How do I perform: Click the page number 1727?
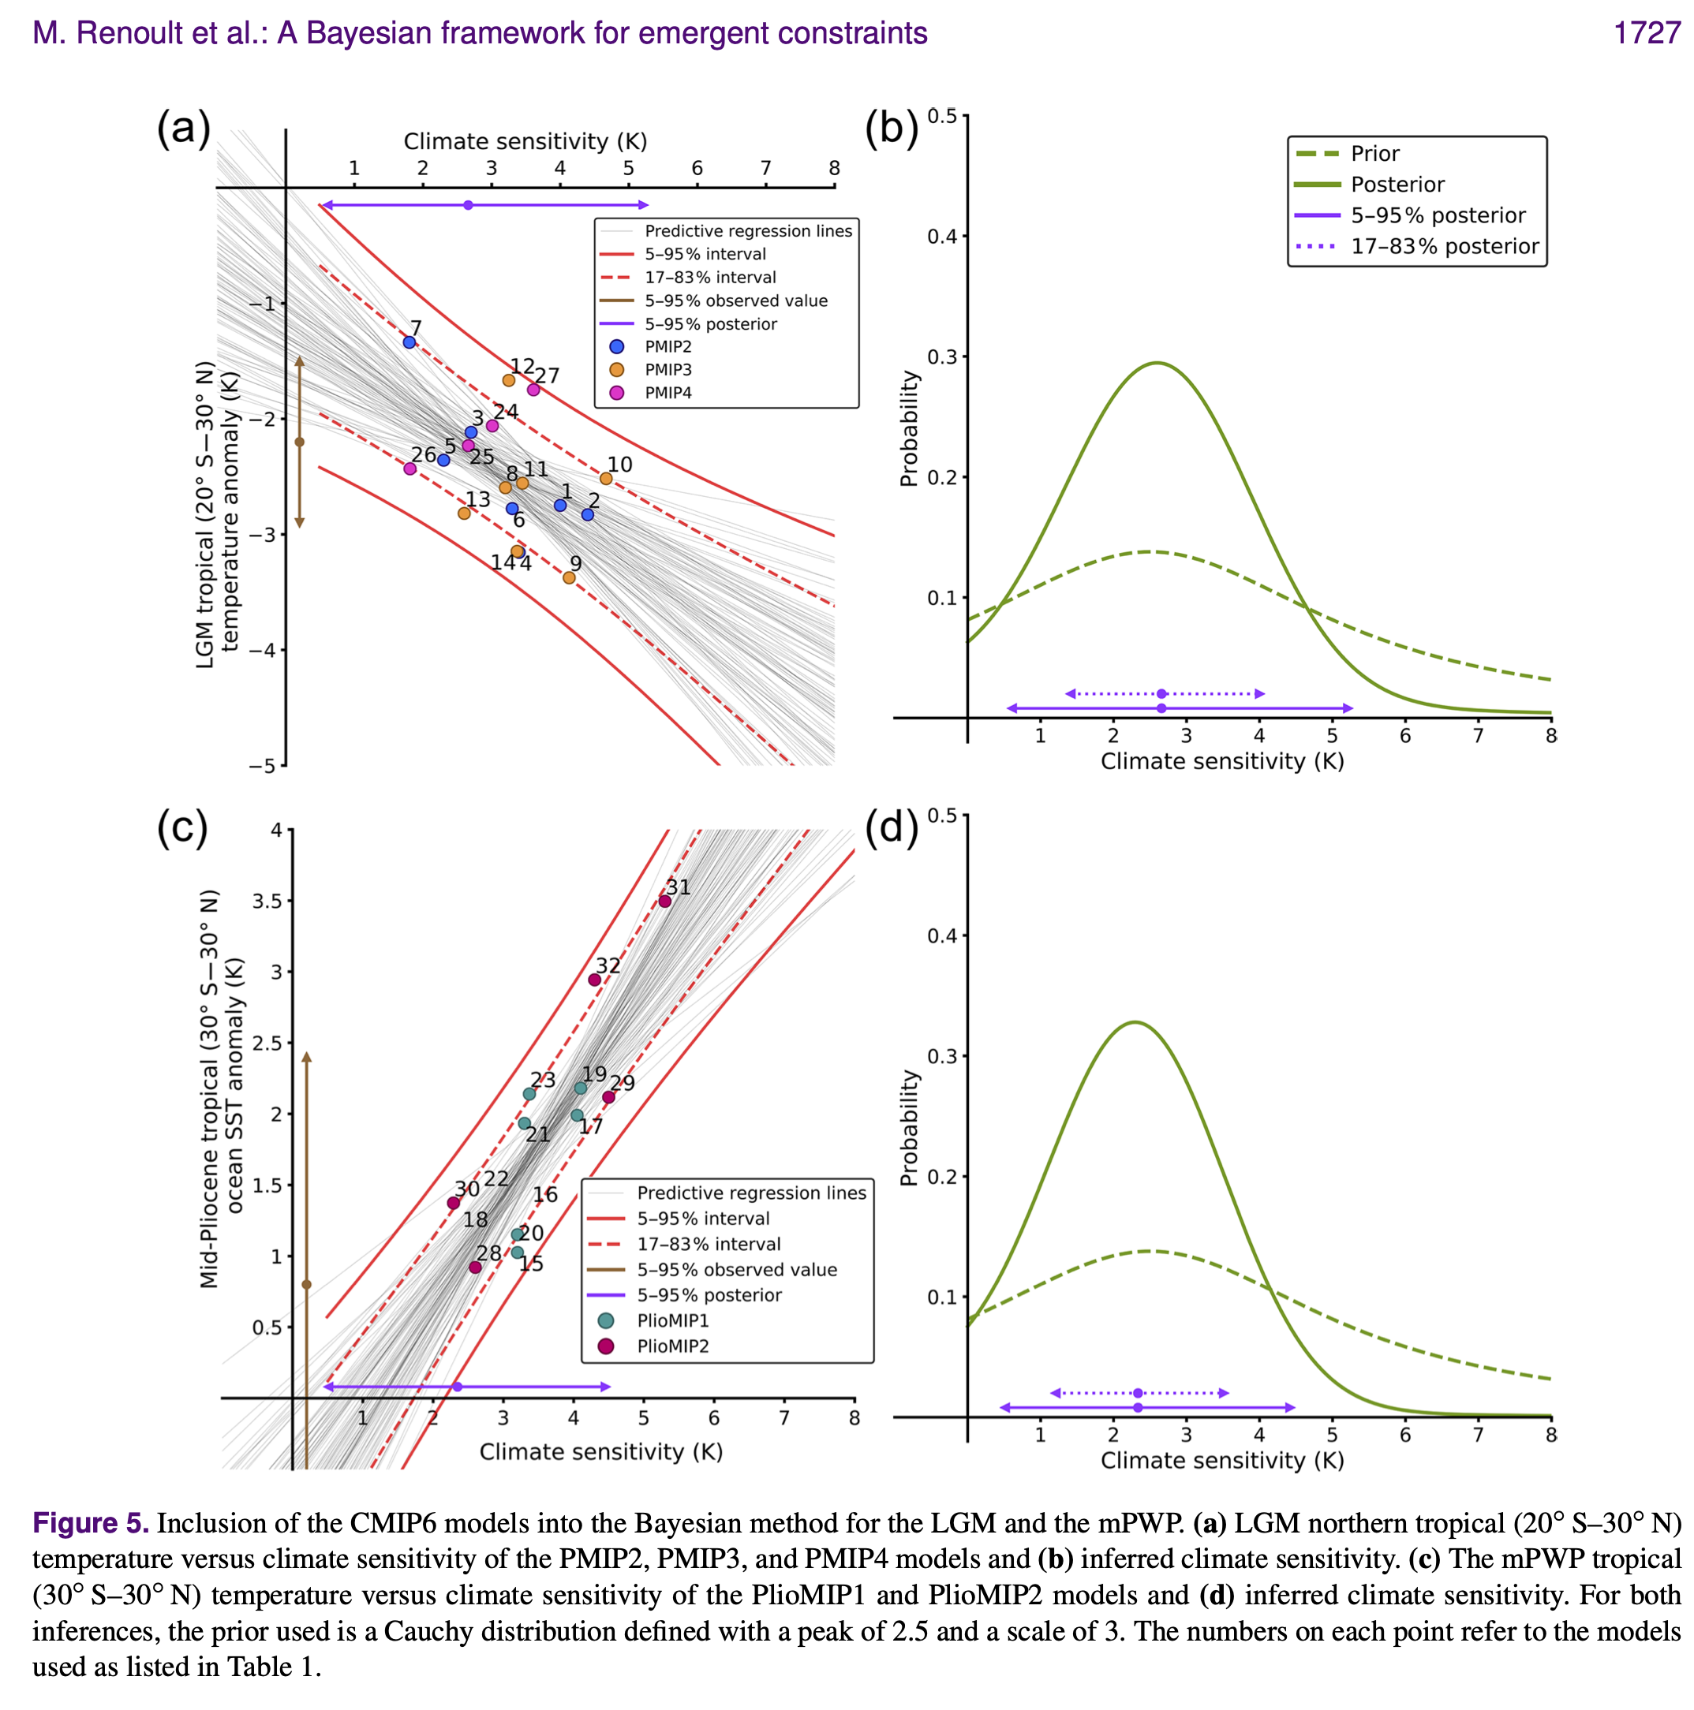tap(1646, 33)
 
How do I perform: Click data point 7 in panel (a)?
tap(409, 342)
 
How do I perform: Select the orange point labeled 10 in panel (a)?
tap(607, 479)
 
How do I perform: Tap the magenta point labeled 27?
tap(533, 390)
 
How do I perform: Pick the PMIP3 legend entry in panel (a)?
tap(668, 370)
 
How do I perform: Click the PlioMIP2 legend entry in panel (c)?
tap(672, 1346)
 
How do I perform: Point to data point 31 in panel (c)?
tap(665, 901)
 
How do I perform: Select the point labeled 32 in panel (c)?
tap(595, 980)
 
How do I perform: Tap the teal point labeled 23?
tap(529, 1094)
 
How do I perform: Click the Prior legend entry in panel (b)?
tap(1374, 154)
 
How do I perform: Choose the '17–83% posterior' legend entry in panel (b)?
tap(1443, 246)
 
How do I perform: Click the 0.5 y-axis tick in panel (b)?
tap(942, 117)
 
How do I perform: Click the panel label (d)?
tap(891, 827)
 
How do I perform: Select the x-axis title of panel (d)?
tap(1222, 1461)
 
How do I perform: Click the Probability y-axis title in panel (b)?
tap(910, 428)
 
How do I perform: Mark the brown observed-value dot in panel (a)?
tap(299, 442)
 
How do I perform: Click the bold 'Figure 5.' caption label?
tap(90, 1523)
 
